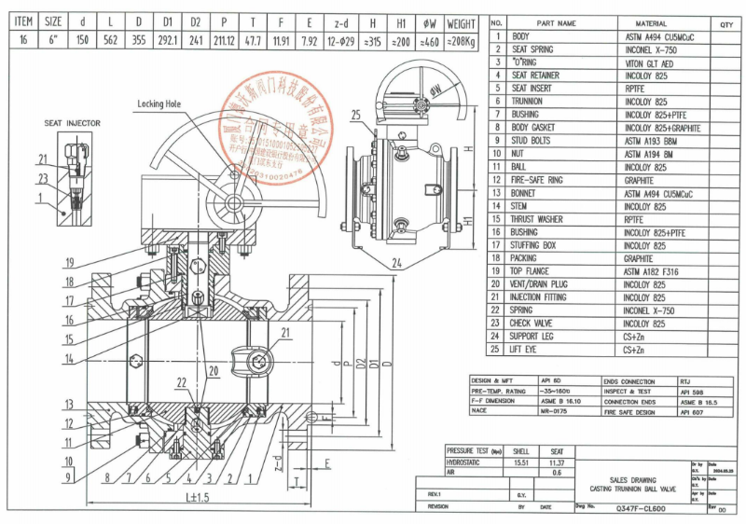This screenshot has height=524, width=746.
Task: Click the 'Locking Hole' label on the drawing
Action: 159,103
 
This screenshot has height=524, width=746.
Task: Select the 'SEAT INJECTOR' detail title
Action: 71,122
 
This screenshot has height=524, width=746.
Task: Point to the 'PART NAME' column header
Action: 557,22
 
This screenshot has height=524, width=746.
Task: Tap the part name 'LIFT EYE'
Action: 528,350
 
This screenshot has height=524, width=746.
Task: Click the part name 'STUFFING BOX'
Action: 533,245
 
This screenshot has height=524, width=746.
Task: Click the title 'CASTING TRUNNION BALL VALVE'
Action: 636,489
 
